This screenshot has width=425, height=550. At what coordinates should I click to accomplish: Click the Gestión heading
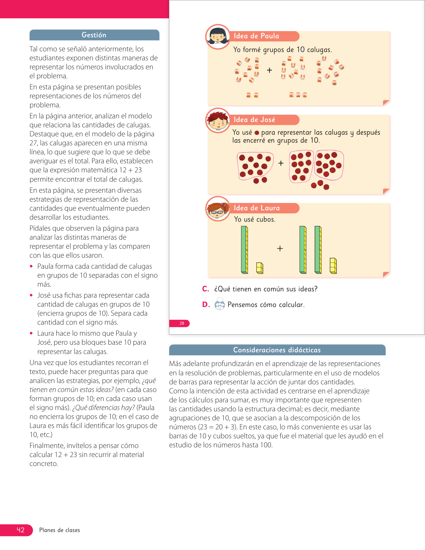coord(94,35)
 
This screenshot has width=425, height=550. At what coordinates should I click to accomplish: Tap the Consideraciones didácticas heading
coord(277,350)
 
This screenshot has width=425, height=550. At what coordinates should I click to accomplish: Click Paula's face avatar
coord(218,37)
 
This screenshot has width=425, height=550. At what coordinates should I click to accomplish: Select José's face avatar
coord(218,120)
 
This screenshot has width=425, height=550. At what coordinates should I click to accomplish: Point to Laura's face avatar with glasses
coord(218,209)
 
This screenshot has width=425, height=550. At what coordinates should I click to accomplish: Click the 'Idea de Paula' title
coord(256,36)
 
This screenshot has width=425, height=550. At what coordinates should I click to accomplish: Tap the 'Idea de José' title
coord(254,120)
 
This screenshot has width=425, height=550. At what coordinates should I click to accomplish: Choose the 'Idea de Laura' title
coord(257,208)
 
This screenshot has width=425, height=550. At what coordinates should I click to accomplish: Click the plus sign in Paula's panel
coord(269,70)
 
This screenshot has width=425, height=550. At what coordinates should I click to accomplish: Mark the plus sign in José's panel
coord(281,163)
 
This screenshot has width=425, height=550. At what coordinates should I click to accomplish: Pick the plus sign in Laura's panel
coord(280,248)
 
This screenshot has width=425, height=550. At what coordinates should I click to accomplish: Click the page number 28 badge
coord(182,323)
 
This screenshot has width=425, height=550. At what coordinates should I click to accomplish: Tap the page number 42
coord(21,530)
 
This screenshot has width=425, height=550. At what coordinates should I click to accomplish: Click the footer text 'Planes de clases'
coord(60,530)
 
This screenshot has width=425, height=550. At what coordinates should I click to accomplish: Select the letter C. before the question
coord(206,289)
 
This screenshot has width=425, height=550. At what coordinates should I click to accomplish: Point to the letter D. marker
coord(206,305)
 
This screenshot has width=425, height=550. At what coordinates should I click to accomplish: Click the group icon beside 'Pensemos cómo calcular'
coord(220,305)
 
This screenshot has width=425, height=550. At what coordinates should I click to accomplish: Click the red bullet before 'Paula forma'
coord(31,266)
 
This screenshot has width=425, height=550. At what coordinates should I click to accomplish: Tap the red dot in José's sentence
coord(257,133)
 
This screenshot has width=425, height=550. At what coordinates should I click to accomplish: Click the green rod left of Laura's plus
coord(244,250)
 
